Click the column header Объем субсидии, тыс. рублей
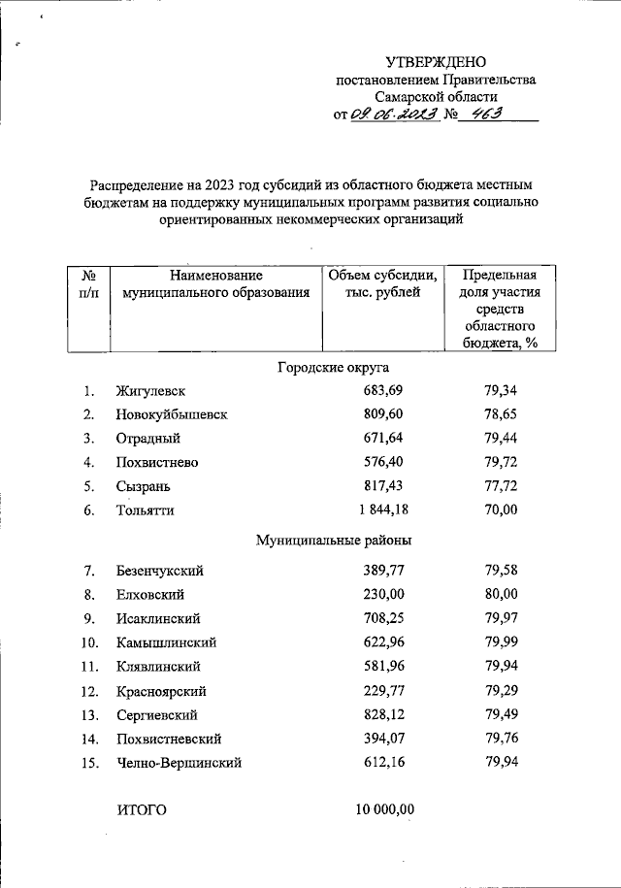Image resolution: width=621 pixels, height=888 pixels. point(382,283)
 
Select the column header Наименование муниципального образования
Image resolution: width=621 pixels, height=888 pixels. point(210,283)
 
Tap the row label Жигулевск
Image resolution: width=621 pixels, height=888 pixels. point(149,391)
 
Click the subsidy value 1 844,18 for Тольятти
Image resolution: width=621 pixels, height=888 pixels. point(381,510)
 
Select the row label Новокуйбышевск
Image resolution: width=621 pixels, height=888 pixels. point(171,415)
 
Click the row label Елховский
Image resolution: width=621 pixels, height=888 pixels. point(149,594)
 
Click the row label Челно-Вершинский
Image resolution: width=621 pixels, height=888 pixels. point(178,763)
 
